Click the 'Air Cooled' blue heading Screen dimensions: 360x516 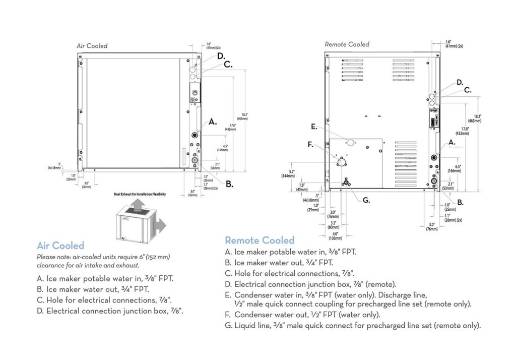(x=60, y=246)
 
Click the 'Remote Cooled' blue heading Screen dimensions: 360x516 (x=260, y=240)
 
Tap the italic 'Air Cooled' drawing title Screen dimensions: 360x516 (x=92, y=46)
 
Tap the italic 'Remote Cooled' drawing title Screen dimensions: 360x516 (x=347, y=44)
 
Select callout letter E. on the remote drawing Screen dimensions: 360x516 (x=314, y=127)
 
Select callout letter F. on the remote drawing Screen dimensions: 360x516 (x=310, y=145)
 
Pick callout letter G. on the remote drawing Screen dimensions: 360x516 (x=366, y=200)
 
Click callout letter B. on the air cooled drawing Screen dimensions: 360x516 (x=229, y=185)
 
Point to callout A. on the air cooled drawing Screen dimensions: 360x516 (x=213, y=122)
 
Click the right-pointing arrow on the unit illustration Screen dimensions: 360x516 (x=160, y=225)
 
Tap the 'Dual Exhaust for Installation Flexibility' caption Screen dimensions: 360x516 (x=140, y=194)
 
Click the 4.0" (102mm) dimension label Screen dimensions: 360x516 (x=335, y=235)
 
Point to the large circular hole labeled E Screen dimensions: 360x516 (x=351, y=144)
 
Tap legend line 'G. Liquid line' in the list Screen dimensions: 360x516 (x=353, y=326)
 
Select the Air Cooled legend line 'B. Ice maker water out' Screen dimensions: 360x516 (x=93, y=289)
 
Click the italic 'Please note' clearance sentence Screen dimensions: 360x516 (x=103, y=261)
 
